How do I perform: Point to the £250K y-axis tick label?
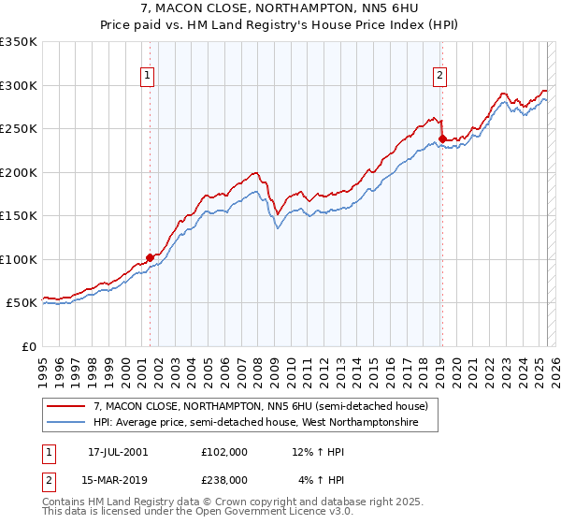(x=19, y=129)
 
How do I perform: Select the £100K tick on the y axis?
(x=19, y=259)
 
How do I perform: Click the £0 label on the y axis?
(x=30, y=346)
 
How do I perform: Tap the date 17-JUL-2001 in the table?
(x=118, y=452)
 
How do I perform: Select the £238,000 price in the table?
(x=224, y=479)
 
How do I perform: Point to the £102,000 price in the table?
(x=224, y=452)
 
